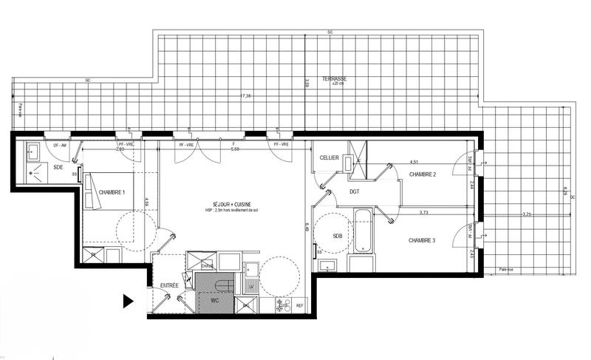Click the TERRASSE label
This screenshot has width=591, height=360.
coord(334,79)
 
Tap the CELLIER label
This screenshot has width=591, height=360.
coord(329,158)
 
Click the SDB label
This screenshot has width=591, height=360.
coord(337,237)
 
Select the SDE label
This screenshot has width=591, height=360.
coord(58,167)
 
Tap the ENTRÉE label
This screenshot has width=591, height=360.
coord(169,285)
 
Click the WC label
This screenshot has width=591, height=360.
coord(213,301)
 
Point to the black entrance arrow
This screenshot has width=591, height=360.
coord(128,301)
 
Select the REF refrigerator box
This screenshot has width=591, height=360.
coord(300,305)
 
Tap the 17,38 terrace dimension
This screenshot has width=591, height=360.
coord(245,95)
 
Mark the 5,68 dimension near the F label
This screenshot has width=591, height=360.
coord(235,149)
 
